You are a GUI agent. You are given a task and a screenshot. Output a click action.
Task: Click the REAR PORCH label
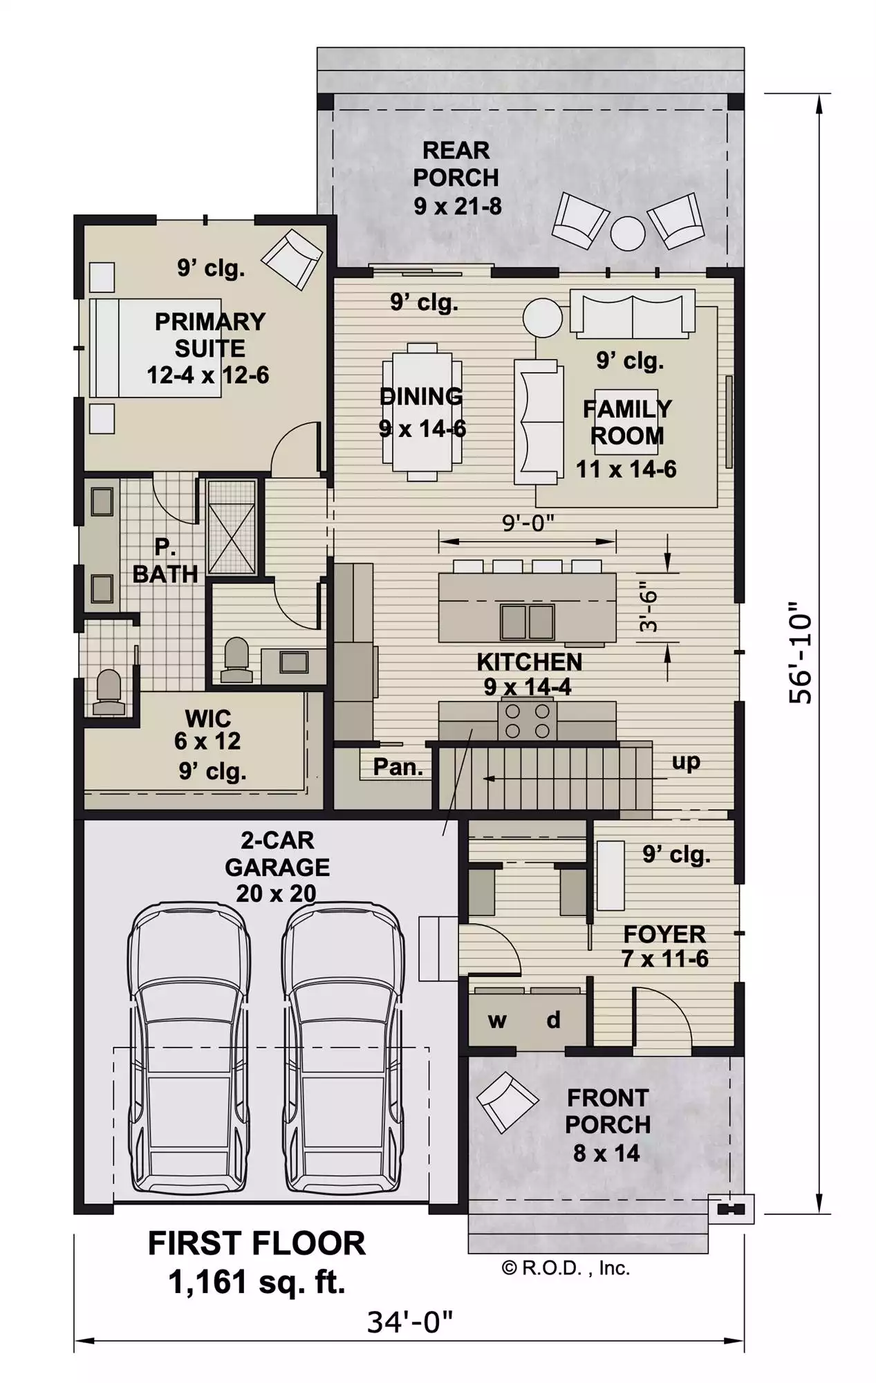[x=456, y=164]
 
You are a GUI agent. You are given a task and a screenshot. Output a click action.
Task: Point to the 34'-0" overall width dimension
[x=409, y=1322]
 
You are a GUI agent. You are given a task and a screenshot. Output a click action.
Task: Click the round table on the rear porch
[x=628, y=233]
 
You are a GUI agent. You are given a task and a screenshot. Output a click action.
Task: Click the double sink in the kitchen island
[x=528, y=621]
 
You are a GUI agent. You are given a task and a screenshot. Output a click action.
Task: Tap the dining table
[x=422, y=412]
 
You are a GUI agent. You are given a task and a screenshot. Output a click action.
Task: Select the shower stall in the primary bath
[x=232, y=528]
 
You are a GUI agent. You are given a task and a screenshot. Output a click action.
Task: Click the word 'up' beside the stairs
[x=686, y=762]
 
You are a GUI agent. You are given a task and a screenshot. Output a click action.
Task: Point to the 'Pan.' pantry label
[x=398, y=767]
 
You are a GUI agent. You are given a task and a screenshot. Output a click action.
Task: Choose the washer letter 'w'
[x=497, y=1021]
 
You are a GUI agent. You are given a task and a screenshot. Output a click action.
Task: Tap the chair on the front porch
[x=507, y=1102]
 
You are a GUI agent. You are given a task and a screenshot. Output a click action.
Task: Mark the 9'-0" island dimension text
[x=528, y=523]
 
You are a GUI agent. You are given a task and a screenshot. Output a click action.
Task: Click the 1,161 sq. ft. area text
[x=257, y=1282]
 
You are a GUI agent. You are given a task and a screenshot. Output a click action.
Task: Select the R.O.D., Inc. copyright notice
[x=566, y=1268]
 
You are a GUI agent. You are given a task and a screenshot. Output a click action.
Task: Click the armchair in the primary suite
[x=292, y=259]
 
